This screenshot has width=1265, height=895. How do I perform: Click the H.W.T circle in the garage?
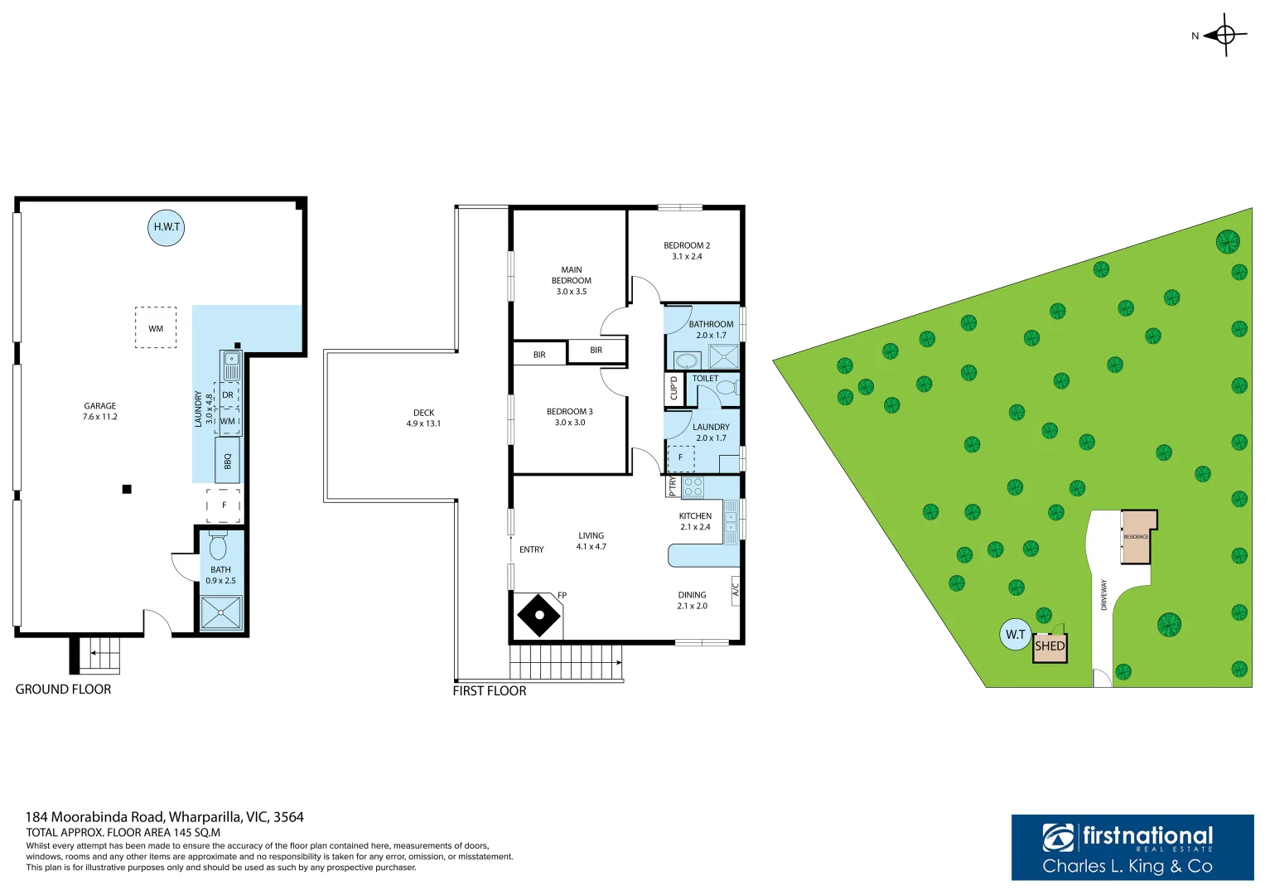(x=166, y=227)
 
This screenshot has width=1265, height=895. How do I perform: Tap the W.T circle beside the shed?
(x=1015, y=634)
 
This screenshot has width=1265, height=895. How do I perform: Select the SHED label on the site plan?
(x=1050, y=646)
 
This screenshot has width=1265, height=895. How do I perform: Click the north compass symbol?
(x=1224, y=35)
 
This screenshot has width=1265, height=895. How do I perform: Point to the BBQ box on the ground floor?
(x=228, y=461)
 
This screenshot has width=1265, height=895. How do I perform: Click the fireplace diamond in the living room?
(x=538, y=615)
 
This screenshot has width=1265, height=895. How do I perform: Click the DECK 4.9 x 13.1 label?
(x=423, y=418)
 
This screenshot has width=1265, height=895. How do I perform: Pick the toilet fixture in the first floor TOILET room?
(x=727, y=388)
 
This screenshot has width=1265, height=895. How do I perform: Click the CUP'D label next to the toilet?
(x=674, y=388)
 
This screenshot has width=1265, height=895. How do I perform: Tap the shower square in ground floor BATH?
(x=221, y=614)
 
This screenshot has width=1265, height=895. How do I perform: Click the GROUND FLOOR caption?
(x=63, y=689)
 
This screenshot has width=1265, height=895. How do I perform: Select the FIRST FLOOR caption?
(x=489, y=691)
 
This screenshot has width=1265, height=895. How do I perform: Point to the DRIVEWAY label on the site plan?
(x=1103, y=595)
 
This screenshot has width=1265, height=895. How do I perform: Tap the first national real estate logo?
(x=1132, y=847)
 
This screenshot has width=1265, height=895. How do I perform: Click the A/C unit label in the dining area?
(x=735, y=589)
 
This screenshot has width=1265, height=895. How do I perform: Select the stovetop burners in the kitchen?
(x=693, y=487)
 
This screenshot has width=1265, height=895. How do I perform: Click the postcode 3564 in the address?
(x=288, y=817)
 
